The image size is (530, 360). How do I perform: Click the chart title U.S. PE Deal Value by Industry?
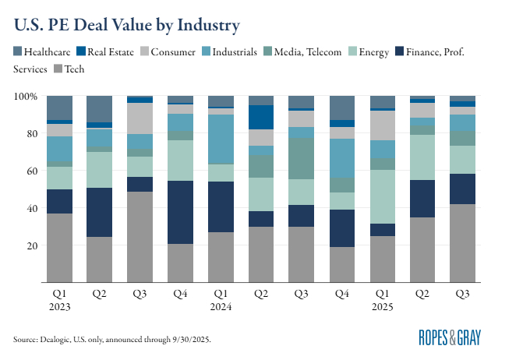(x=125, y=25)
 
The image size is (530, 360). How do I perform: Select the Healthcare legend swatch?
(x=18, y=51)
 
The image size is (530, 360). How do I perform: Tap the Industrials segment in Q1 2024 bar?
(x=221, y=136)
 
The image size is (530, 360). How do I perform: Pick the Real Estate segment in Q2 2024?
(x=261, y=117)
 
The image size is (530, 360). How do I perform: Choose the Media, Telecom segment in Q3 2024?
(x=301, y=159)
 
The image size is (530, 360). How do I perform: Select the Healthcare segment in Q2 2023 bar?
(x=99, y=109)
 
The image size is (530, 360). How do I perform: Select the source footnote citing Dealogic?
(x=111, y=340)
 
